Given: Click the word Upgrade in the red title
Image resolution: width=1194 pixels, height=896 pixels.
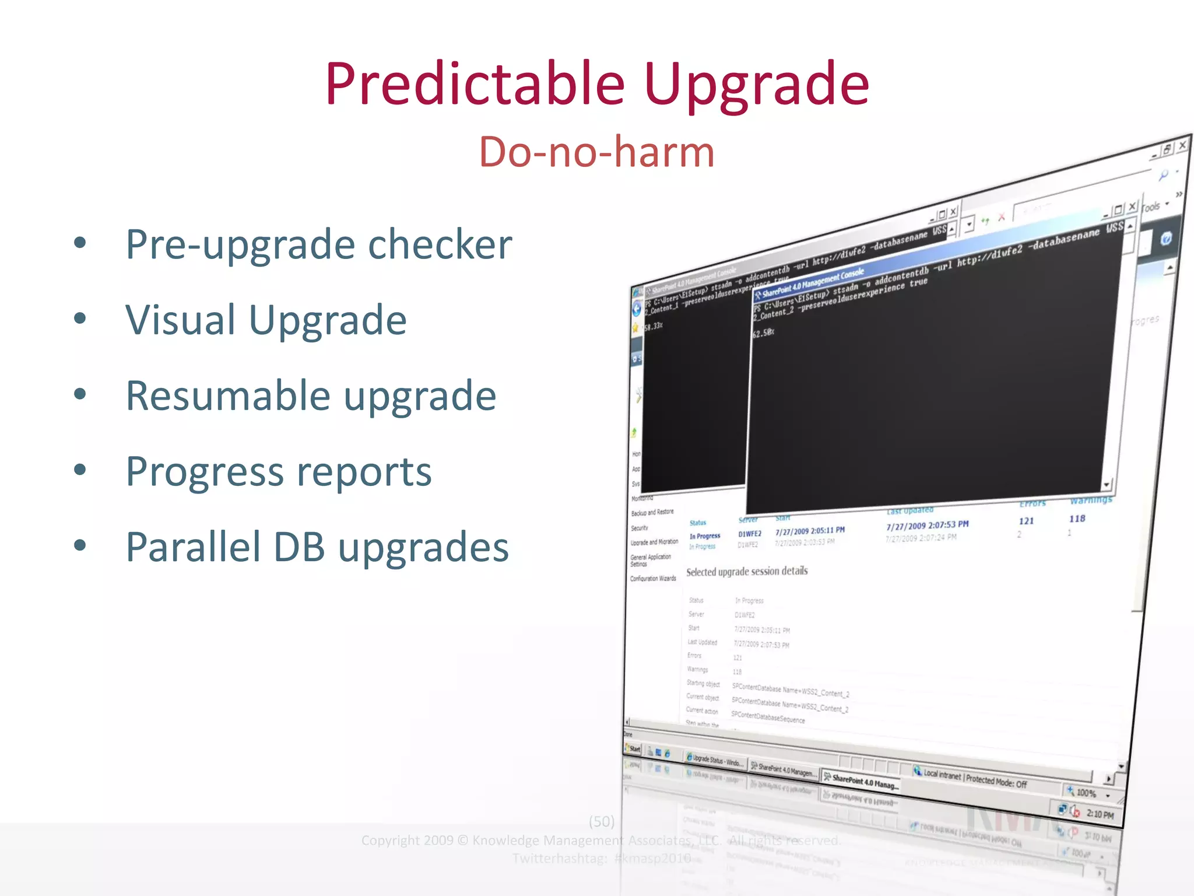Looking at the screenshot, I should click(756, 86).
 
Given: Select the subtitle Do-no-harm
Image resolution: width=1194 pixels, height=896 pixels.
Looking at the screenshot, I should click(596, 152).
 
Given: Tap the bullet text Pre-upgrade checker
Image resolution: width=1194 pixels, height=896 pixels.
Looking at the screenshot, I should click(319, 244).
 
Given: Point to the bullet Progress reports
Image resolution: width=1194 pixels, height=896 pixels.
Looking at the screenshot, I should click(279, 471).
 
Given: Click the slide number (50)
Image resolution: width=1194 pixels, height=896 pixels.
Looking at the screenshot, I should click(601, 821).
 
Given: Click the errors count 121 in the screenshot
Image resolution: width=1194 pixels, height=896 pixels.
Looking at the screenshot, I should click(1026, 521).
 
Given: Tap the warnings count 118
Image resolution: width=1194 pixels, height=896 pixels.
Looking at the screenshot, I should click(1077, 519).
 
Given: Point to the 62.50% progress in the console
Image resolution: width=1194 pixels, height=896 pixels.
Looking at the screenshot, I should click(763, 333).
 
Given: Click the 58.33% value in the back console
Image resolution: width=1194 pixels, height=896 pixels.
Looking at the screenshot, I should click(654, 326).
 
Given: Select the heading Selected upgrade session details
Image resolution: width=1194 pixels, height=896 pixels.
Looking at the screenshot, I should click(747, 571).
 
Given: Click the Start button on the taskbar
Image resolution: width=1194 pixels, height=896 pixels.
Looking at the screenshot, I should click(633, 748).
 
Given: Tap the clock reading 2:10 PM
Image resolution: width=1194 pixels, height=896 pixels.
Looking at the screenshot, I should click(1100, 814).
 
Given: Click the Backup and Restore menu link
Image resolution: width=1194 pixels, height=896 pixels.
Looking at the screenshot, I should click(652, 512).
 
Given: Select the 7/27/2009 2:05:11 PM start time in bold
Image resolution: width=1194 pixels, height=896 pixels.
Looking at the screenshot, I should click(810, 531).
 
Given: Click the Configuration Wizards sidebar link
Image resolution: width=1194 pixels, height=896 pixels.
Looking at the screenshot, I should click(653, 579).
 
